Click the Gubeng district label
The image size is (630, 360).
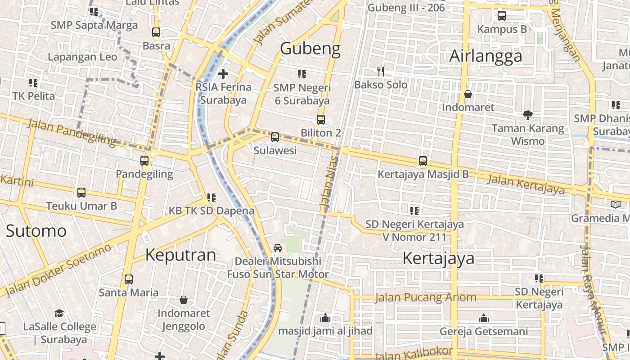coord(310,49)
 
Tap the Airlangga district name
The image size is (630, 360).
coord(486,56)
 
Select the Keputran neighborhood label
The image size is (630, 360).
coord(180,255)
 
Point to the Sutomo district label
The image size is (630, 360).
coord(36,231)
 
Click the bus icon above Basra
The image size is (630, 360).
coord(156,32)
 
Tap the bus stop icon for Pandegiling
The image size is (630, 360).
coord(144,161)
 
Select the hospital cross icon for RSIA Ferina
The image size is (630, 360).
coord(223,73)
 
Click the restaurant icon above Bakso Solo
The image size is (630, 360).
coord(381,71)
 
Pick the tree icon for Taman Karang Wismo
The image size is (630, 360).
coord(528,115)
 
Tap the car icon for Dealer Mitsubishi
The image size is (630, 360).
coord(278,248)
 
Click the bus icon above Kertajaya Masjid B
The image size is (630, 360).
coord(423,161)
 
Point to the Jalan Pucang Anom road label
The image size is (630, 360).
coord(425,297)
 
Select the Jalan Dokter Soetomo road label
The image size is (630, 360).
coord(58,270)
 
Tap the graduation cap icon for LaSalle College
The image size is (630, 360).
coord(59,313)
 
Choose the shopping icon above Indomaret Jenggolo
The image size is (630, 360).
coord(184,300)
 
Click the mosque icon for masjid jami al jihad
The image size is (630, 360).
coord(325,318)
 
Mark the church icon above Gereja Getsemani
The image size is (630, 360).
coord(484,319)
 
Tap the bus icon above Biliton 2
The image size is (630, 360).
coord(320,120)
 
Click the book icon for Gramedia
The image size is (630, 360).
coord(615,205)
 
